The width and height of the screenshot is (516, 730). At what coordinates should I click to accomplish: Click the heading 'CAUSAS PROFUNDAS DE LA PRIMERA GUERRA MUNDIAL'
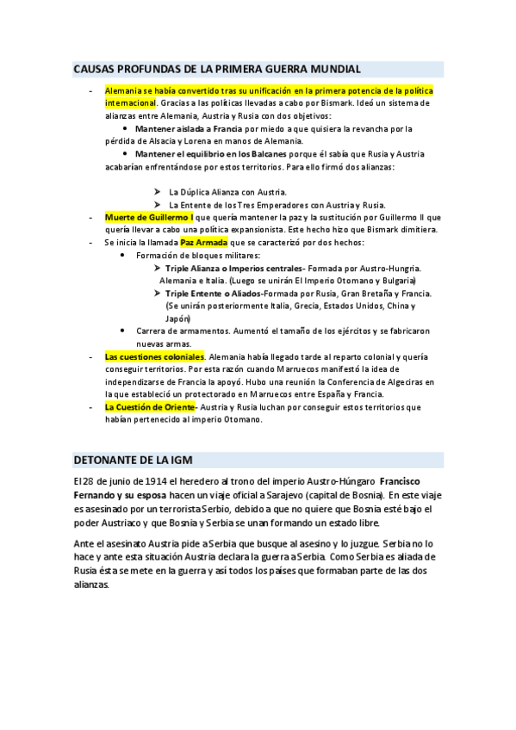(216, 69)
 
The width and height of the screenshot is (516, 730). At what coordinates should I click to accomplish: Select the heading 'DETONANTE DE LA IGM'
(139, 460)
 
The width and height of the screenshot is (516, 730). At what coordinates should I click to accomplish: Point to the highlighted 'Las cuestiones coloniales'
(154, 356)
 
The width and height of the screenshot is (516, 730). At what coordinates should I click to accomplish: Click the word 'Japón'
(178, 318)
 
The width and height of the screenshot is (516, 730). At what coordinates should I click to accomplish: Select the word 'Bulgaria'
(395, 281)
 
